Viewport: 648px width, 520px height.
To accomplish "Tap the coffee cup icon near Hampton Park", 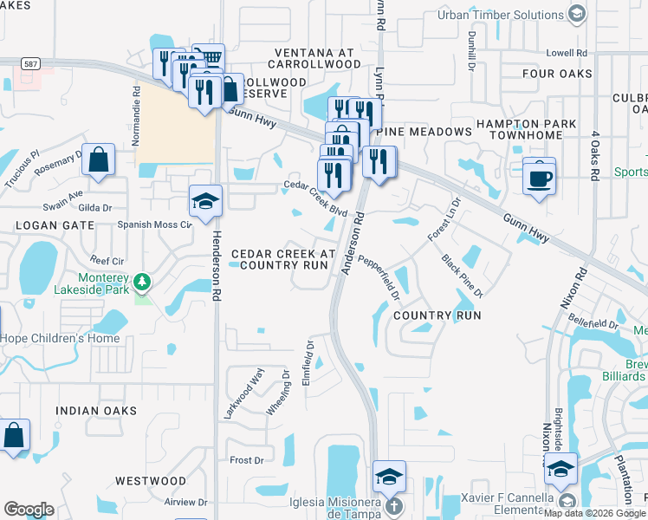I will [540, 178].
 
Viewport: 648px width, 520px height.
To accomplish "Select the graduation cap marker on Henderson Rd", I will [206, 202].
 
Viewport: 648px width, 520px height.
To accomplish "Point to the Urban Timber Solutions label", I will [500, 15].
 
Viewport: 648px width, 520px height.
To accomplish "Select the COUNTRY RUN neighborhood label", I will [437, 315].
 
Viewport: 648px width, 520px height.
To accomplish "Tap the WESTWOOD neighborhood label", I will [151, 480].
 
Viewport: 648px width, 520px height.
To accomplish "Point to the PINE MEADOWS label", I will [424, 132].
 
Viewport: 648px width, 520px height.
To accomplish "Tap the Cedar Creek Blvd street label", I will [316, 199].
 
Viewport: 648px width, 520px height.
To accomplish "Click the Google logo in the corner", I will [28, 510].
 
